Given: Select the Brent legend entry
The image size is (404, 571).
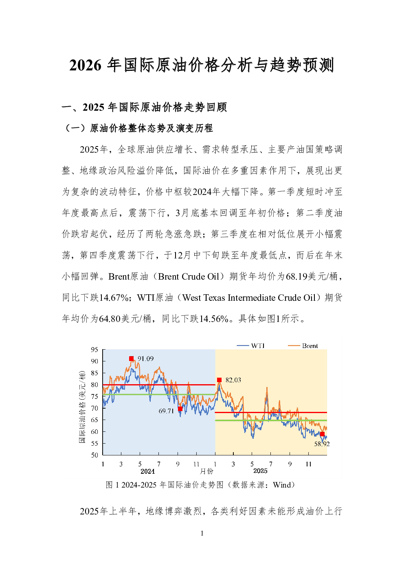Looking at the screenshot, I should (x=303, y=346).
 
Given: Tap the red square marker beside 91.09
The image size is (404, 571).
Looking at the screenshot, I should (x=131, y=359).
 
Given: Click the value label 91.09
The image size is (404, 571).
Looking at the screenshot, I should (x=145, y=359).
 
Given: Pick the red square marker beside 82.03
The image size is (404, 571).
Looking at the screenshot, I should (x=219, y=380).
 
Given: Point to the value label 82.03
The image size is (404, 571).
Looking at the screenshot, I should (x=233, y=380).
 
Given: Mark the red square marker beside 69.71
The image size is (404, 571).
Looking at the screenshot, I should (x=180, y=409).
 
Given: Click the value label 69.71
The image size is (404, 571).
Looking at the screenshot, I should (x=166, y=411).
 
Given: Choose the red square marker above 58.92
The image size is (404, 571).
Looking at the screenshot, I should (x=322, y=434).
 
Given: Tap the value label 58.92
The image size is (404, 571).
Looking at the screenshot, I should (x=322, y=444).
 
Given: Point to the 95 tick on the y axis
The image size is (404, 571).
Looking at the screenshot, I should (x=94, y=350).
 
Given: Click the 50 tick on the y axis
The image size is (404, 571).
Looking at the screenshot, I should (x=94, y=455).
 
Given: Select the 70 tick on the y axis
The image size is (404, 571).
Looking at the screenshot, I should (x=94, y=408).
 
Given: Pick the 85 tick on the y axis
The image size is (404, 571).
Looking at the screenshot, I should (x=94, y=373).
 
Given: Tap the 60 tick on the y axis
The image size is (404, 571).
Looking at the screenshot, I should (x=94, y=431).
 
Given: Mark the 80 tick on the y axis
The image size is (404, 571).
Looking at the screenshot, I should (x=94, y=385).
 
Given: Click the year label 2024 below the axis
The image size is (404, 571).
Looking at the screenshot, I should (x=147, y=471).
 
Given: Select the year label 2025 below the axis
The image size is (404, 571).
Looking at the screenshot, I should (x=260, y=471).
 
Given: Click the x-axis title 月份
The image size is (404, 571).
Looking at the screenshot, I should (x=206, y=471).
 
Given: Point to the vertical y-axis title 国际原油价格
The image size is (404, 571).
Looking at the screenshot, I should (x=83, y=407).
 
